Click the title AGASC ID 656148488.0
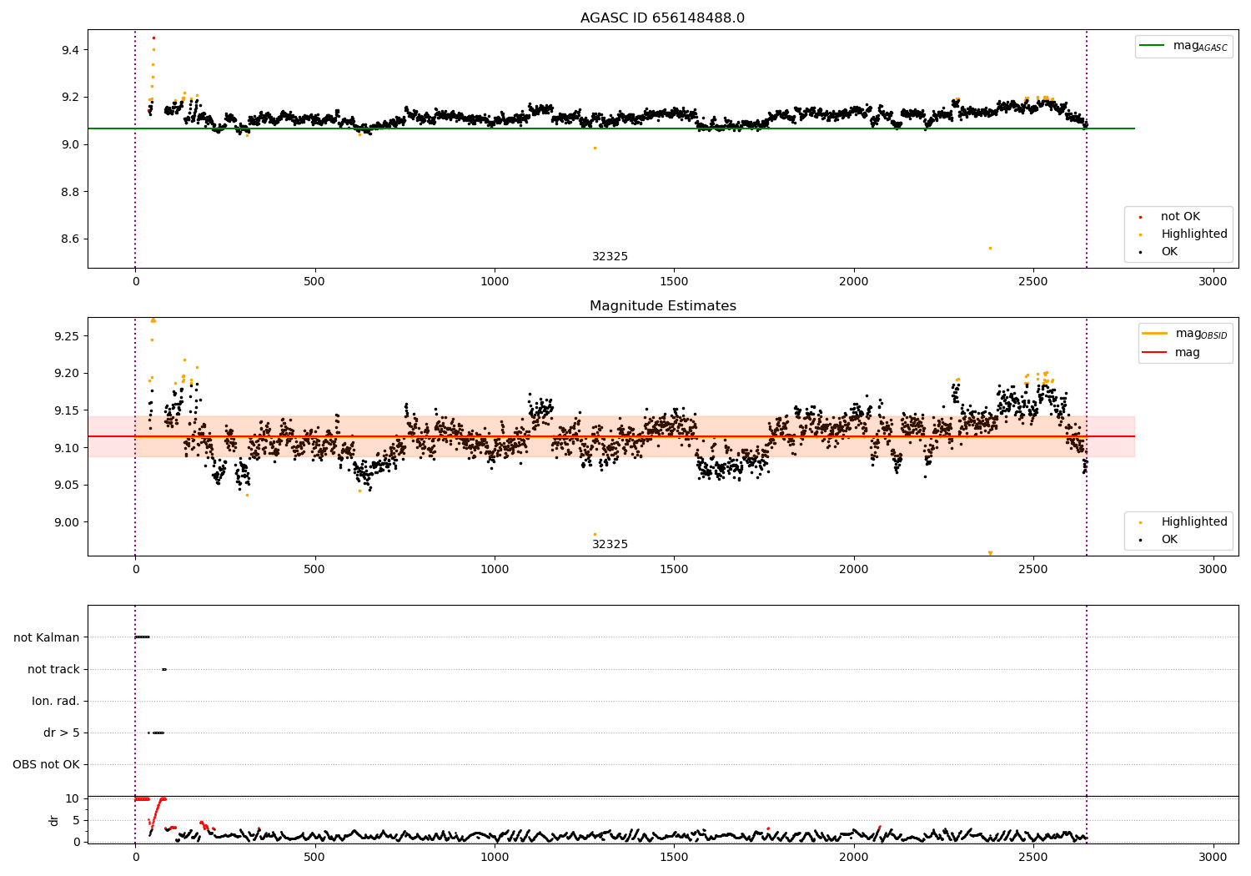click(662, 18)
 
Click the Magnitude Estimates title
click(663, 305)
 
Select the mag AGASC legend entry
click(1183, 46)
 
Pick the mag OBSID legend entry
click(1185, 334)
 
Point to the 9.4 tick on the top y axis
click(70, 50)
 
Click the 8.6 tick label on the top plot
click(70, 239)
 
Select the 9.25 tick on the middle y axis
click(67, 336)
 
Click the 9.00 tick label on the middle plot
click(67, 522)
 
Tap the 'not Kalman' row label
click(47, 637)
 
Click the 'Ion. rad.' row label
click(55, 701)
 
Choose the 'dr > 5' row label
click(62, 733)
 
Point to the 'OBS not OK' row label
click(46, 764)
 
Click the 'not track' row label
click(53, 669)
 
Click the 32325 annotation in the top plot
click(610, 256)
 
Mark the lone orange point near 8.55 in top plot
click(990, 248)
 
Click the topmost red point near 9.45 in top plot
click(153, 38)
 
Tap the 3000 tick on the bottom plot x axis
click(1213, 858)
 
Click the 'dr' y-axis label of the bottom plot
click(53, 821)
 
